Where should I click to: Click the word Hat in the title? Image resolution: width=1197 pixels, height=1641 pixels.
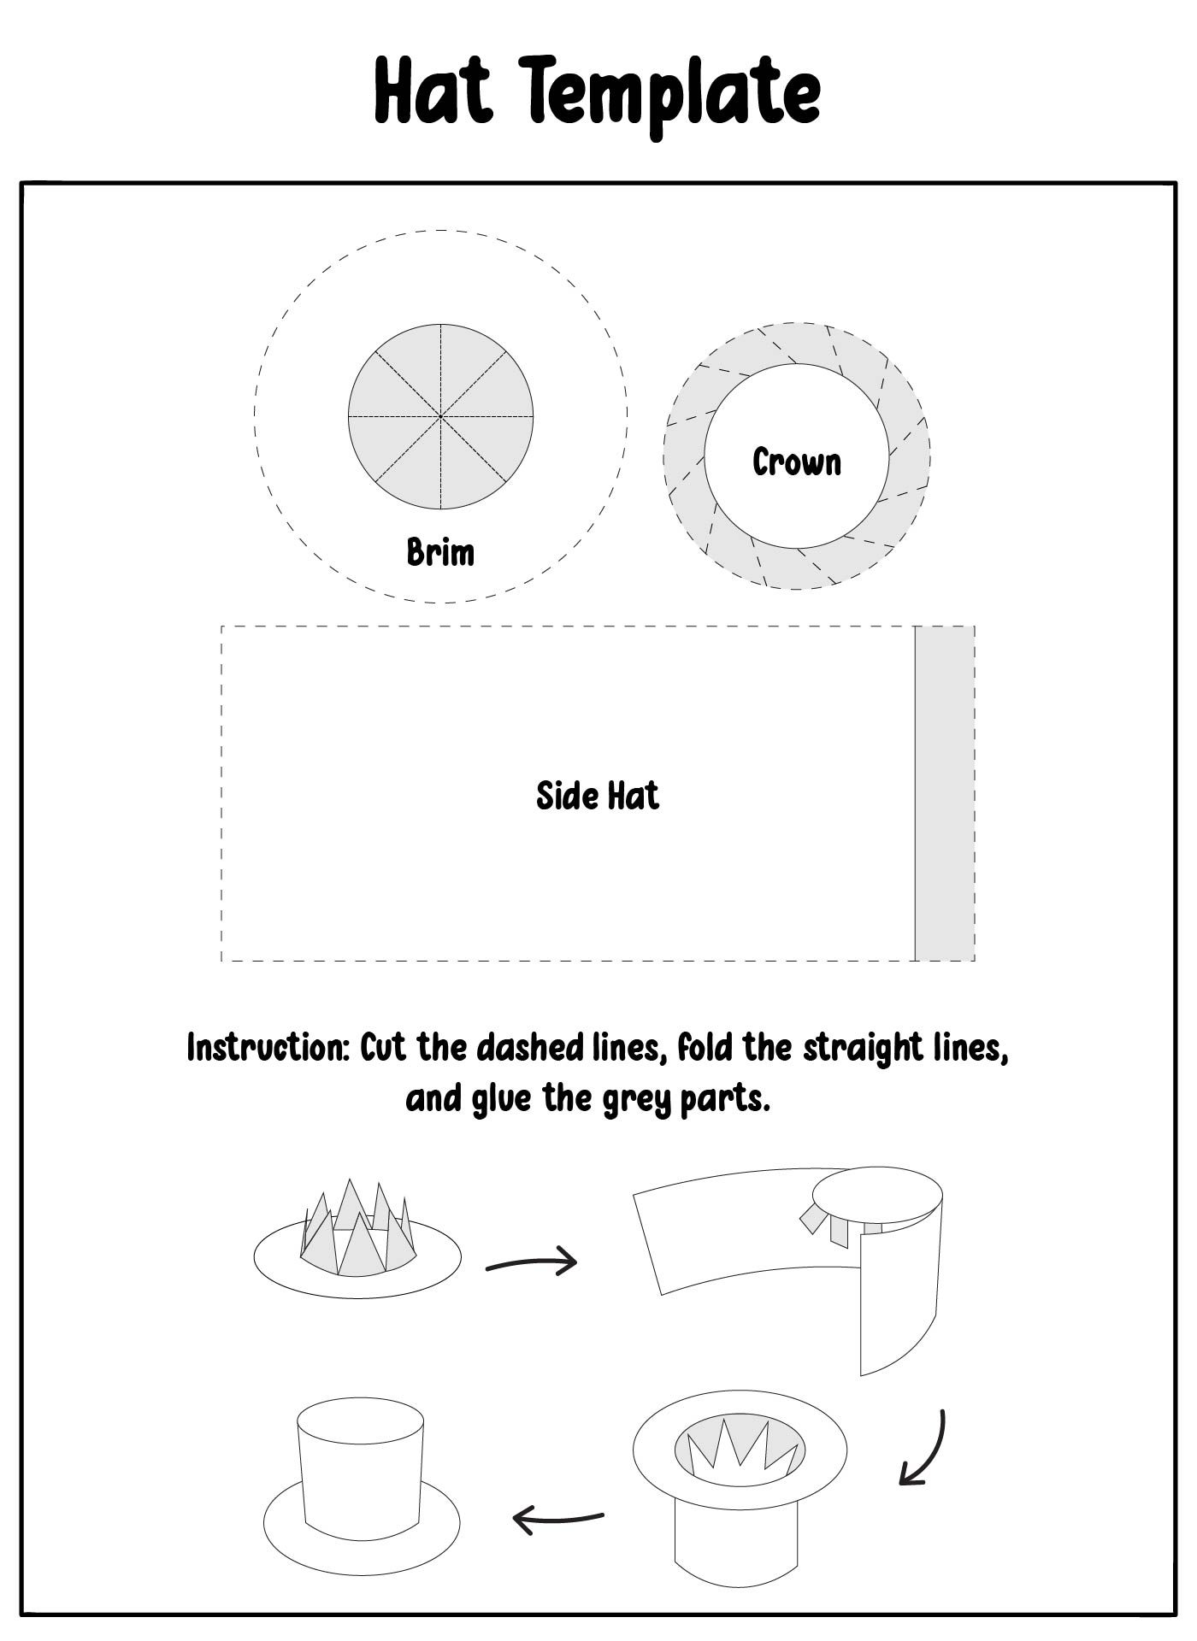point(433,91)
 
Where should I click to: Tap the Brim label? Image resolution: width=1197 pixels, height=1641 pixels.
point(440,552)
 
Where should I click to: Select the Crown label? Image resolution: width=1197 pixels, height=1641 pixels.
point(797,462)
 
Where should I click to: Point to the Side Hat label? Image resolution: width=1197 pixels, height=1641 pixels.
point(598,796)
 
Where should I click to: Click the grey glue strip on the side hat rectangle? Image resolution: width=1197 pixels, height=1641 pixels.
point(945,793)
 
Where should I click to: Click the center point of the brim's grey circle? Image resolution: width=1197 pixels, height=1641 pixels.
point(440,416)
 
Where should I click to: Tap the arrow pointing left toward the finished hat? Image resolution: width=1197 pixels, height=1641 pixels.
point(557,1518)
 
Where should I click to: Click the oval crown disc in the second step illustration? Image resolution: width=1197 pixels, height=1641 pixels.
point(876,1196)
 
